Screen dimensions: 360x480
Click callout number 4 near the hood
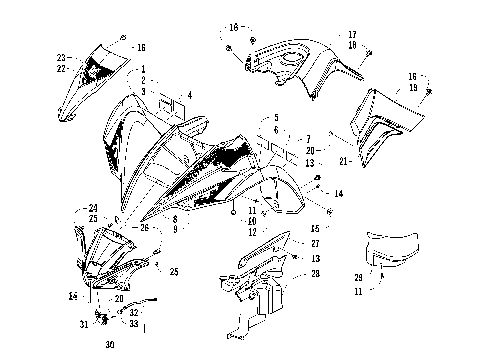coord(188,95)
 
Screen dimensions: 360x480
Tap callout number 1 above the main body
coord(143,68)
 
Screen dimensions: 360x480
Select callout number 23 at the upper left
coord(61,57)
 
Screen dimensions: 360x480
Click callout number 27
coord(315,243)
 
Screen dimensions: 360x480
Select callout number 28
coord(315,273)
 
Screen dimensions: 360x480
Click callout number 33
coord(134,323)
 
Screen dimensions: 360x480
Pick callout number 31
coord(83,322)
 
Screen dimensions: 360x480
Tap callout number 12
coord(252,233)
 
